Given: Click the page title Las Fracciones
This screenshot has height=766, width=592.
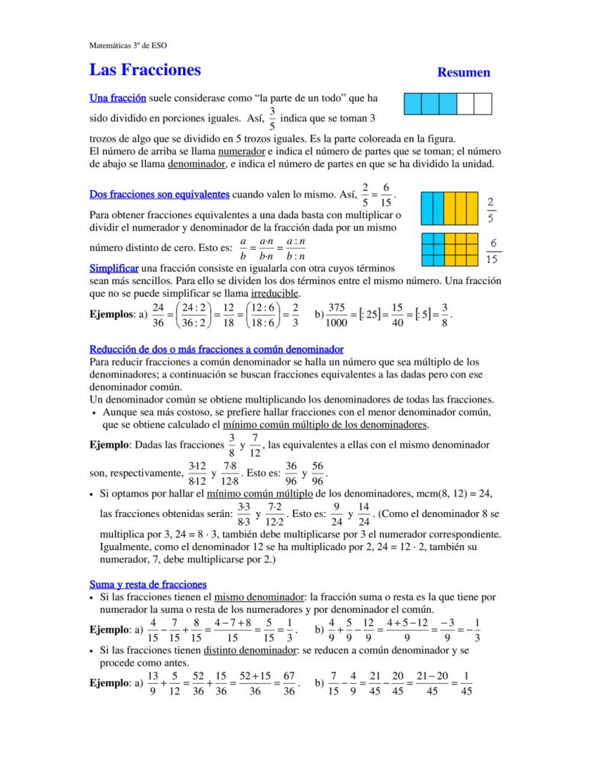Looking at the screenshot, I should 145,70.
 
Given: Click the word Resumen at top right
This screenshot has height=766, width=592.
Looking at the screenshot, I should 463,72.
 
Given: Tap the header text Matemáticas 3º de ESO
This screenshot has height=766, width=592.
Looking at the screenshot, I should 128,45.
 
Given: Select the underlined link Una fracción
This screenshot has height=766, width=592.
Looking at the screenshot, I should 118,98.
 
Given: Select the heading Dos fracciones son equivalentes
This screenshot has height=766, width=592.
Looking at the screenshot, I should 159,195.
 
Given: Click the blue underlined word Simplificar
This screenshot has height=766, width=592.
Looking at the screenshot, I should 114,267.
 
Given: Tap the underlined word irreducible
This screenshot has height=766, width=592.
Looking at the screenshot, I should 275,293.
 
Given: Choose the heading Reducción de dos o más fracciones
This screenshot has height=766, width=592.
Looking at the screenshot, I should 216,349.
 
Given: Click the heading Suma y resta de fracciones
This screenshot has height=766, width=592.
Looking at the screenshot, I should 148,584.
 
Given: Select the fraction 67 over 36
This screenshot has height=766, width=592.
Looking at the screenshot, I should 289,682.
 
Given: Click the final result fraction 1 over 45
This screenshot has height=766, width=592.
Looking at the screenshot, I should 466,682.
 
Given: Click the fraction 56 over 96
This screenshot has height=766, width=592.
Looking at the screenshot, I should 317,473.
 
